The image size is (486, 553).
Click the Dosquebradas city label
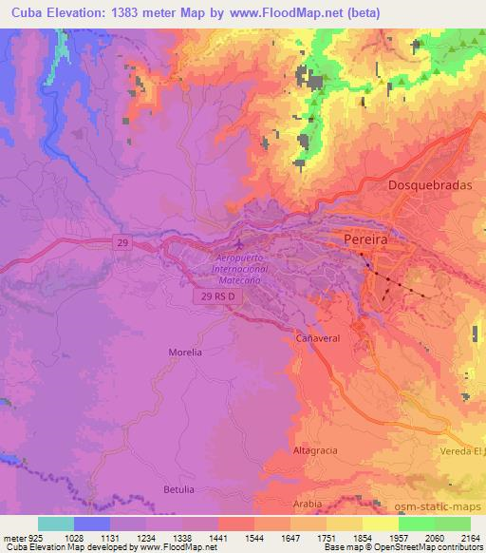coord(430,187)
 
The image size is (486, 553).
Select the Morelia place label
coord(185,352)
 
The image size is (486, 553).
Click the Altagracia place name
coord(315,449)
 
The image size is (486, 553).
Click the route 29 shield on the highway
coord(121,243)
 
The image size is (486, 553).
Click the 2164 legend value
coord(470,538)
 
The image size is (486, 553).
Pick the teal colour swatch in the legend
coord(55,524)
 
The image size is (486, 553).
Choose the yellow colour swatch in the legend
coord(381,524)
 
